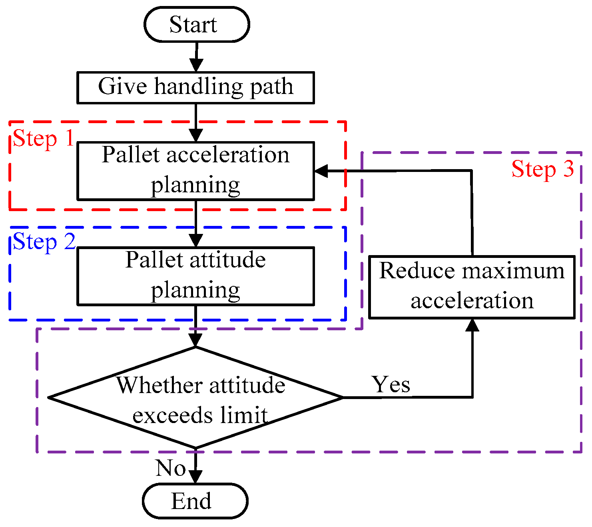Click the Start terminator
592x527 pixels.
(196, 24)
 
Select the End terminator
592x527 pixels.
(195, 501)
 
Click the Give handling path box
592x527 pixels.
(195, 88)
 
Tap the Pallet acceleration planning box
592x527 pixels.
(195, 171)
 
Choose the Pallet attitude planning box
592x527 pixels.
(195, 276)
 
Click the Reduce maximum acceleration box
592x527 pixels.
(472, 287)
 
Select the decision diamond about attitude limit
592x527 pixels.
(195, 397)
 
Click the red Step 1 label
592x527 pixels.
(43, 139)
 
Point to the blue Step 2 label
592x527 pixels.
(44, 242)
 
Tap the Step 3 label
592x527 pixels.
(542, 169)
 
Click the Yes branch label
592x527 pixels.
(391, 385)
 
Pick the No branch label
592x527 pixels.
(171, 468)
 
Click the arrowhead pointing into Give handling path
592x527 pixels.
(196, 65)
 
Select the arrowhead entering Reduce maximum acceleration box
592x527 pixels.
(472, 325)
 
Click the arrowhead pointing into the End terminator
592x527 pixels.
(195, 477)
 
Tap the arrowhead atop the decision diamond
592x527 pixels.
(195, 339)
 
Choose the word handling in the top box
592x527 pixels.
(199, 87)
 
